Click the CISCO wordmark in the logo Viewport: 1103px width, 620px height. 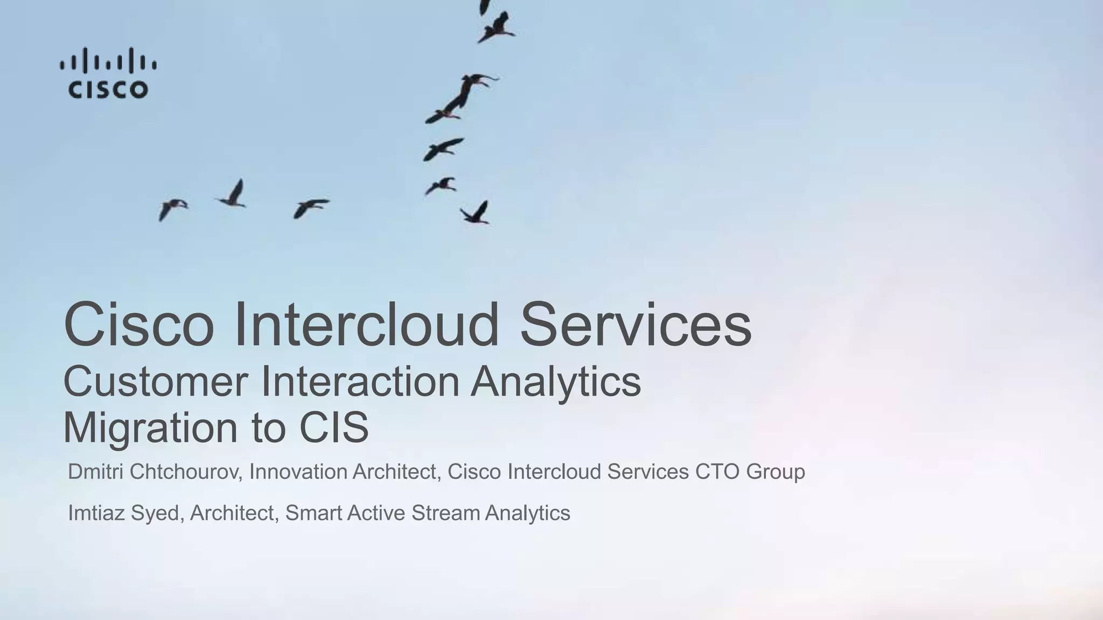108,89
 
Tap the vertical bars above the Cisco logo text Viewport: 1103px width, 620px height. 108,61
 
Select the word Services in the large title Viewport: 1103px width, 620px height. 636,325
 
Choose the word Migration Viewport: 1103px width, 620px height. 150,427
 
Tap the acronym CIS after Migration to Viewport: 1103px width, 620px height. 334,427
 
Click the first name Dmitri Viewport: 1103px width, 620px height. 96,471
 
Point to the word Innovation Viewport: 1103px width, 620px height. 298,471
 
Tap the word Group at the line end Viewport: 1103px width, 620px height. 776,473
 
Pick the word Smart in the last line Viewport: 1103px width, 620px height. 313,513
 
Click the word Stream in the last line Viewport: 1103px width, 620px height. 445,513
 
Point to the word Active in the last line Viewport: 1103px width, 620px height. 376,513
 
